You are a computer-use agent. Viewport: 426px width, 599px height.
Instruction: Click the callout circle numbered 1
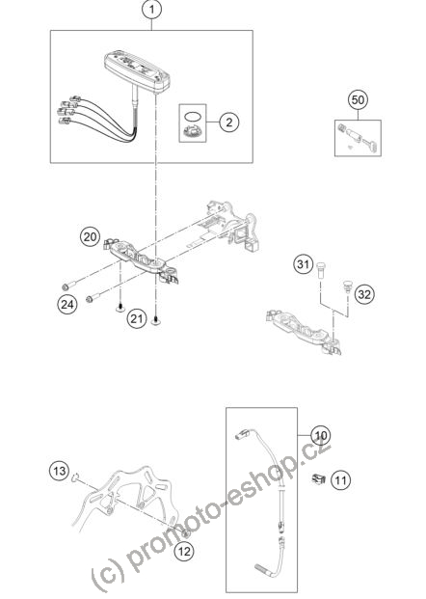152,10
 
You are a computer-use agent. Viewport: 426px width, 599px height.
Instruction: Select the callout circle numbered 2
229,123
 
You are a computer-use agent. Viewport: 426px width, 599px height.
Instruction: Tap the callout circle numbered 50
359,100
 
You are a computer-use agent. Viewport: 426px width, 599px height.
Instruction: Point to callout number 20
90,237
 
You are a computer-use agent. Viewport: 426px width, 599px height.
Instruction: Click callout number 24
67,305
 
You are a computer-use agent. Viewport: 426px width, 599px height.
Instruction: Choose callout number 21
137,318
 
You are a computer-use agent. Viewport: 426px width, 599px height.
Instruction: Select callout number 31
304,263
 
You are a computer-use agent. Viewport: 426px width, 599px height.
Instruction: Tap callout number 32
364,294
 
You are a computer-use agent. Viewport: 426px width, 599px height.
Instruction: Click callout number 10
321,435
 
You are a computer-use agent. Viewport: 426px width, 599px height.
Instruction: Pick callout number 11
340,479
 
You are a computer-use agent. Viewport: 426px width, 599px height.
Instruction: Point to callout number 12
184,551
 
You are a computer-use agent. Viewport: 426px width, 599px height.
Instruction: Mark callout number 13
59,471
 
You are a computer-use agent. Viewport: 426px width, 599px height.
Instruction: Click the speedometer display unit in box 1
138,72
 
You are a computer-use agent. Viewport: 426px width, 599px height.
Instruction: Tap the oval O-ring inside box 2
192,116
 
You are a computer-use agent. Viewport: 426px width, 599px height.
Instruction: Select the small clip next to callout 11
318,478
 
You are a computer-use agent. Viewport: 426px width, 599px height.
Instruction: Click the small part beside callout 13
75,476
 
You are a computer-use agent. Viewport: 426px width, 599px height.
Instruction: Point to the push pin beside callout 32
347,286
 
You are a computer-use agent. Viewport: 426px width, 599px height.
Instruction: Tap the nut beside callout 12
186,532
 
